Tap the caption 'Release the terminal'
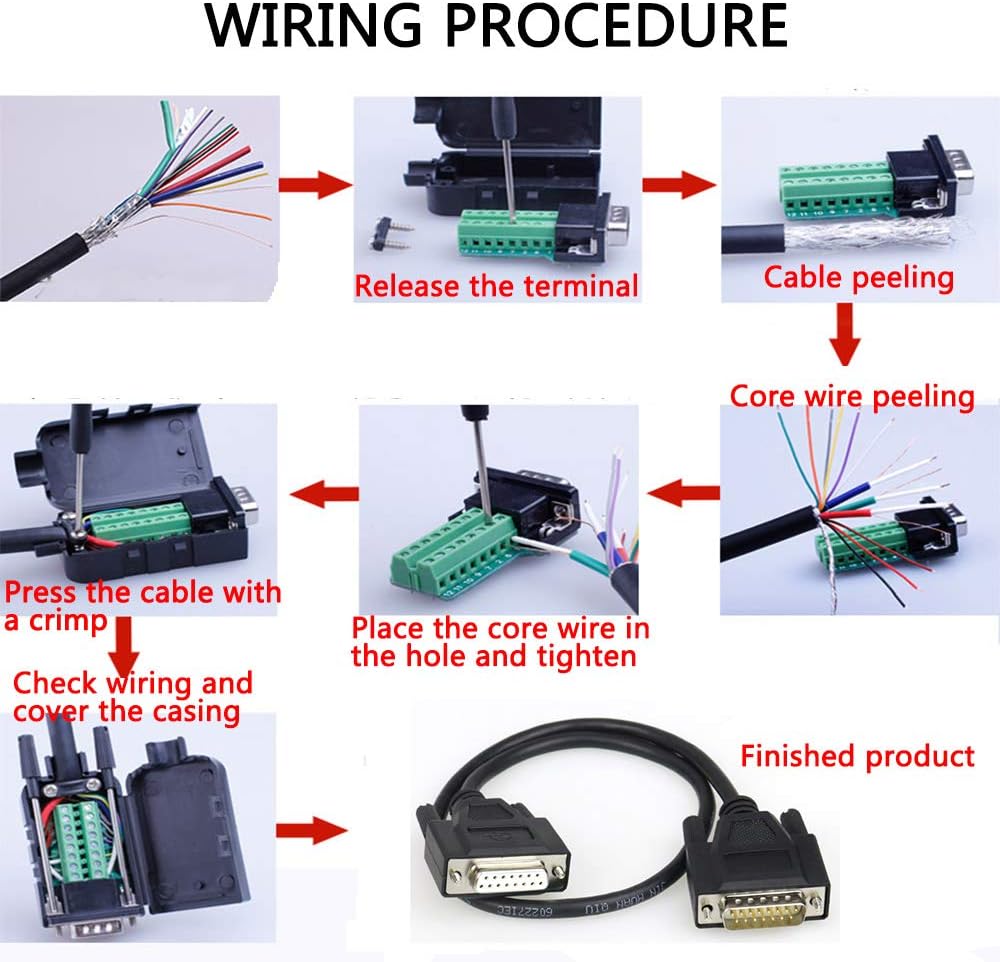[496, 286]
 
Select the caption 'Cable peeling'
[858, 276]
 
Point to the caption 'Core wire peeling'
[852, 396]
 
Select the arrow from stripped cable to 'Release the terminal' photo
[314, 185]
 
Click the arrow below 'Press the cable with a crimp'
[124, 647]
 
